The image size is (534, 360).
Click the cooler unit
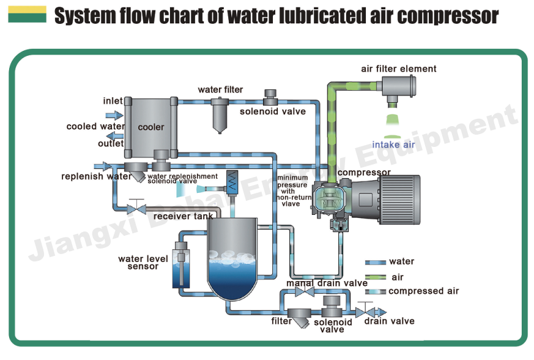click(150, 127)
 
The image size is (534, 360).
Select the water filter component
click(219, 116)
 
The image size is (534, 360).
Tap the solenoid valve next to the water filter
click(270, 98)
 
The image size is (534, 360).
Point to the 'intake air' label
click(394, 145)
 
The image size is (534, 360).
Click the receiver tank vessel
click(232, 257)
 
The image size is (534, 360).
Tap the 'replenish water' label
click(96, 177)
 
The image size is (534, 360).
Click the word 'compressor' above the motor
click(364, 173)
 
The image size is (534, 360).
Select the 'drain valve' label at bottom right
click(390, 321)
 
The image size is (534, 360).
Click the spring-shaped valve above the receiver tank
click(233, 179)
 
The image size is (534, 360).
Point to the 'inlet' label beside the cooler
click(113, 100)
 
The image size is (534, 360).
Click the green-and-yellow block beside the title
click(27, 15)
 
